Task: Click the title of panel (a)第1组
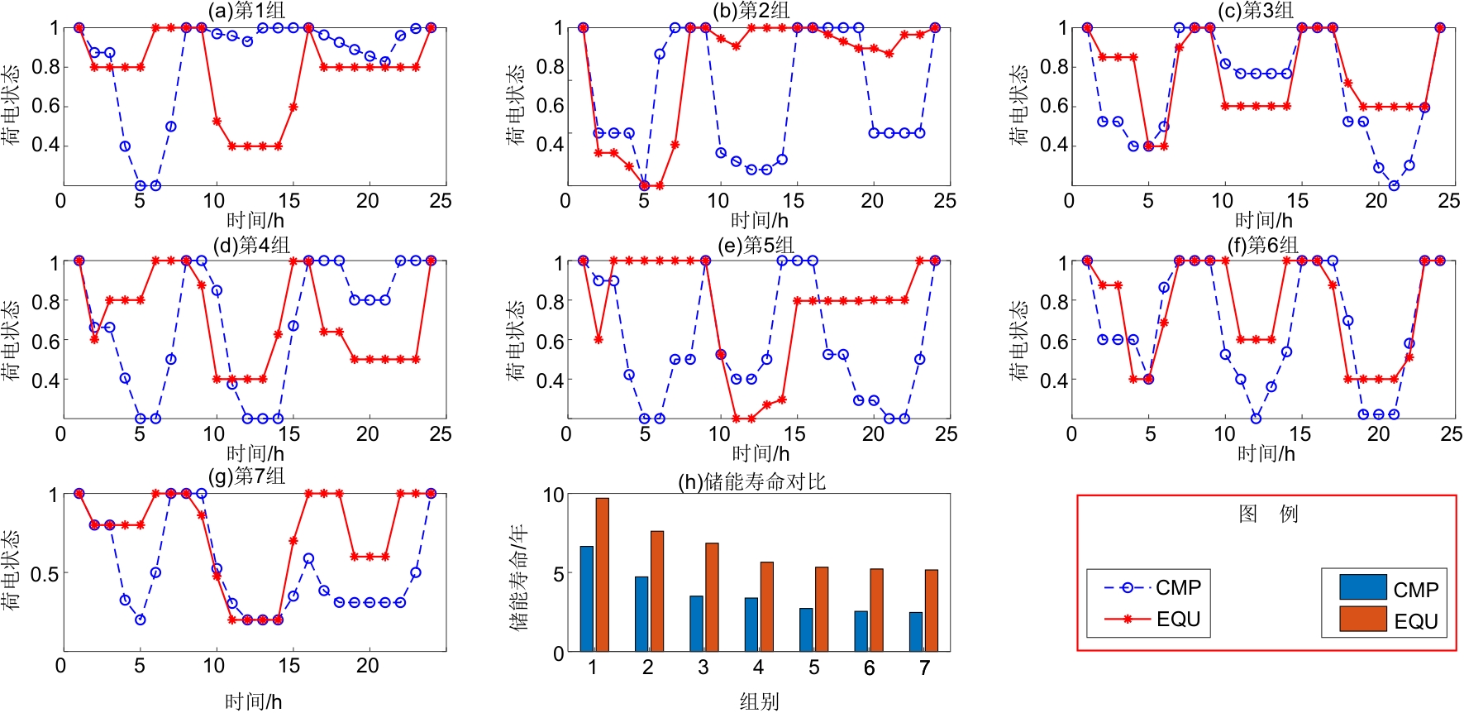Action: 246,11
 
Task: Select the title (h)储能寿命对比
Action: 751,481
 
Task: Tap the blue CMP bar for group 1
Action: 586,598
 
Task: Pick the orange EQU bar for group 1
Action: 602,574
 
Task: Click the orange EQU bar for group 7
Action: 932,610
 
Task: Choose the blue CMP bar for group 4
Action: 751,624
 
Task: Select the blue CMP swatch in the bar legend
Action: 1362,586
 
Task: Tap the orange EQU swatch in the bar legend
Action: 1362,619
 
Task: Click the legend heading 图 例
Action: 1267,514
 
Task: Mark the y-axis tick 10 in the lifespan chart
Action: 553,495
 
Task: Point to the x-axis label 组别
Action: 759,701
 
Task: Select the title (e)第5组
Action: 756,246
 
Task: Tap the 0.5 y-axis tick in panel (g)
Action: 45,573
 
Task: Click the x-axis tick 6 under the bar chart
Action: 869,668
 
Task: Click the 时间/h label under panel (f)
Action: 1266,453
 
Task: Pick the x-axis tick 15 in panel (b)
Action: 793,200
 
